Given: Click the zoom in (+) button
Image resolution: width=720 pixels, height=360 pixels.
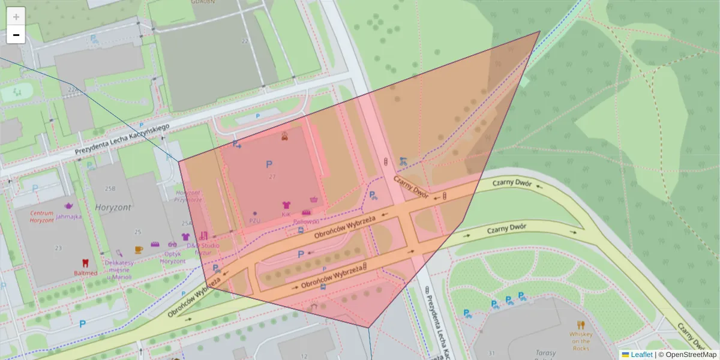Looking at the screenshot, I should click(x=16, y=17).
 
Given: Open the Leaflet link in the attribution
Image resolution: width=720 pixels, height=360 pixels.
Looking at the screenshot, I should click(x=641, y=355).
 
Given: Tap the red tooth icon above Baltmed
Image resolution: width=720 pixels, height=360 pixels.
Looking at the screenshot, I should click(x=85, y=263).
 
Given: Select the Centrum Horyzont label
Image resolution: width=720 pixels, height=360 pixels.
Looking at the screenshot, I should click(x=42, y=217).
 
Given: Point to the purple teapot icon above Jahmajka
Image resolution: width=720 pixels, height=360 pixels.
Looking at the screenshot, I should click(x=68, y=206).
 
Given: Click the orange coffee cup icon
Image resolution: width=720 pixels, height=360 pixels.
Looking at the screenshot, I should click(x=139, y=250).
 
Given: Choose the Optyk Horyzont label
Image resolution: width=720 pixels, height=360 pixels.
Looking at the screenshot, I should click(x=172, y=257).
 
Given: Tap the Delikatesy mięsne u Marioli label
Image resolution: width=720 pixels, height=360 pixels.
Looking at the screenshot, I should click(x=118, y=270).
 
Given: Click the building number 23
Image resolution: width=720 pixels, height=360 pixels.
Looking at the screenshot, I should click(x=58, y=248).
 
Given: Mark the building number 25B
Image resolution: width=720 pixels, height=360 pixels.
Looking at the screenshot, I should click(x=110, y=188).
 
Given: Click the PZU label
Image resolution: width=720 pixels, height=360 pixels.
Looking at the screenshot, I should click(x=254, y=220).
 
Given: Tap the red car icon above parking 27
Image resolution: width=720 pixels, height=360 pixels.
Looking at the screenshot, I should click(x=284, y=136).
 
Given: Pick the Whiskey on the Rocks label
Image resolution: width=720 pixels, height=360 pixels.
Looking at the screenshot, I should click(x=581, y=341).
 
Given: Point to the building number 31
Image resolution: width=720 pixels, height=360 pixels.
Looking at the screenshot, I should click(x=492, y=352).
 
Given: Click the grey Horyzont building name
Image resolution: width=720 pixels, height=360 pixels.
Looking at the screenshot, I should click(x=112, y=207).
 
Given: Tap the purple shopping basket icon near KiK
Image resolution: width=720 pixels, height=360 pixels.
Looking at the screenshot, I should click(x=313, y=199).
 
